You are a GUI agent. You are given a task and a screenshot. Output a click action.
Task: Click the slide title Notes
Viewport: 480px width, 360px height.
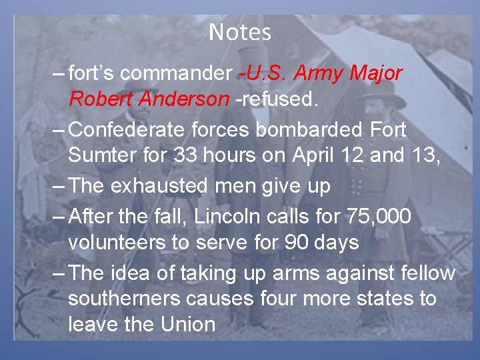[240, 32]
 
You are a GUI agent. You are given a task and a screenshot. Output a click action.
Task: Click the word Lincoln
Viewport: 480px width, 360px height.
[254, 215]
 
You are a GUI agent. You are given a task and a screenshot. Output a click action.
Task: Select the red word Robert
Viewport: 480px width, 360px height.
[99, 99]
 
